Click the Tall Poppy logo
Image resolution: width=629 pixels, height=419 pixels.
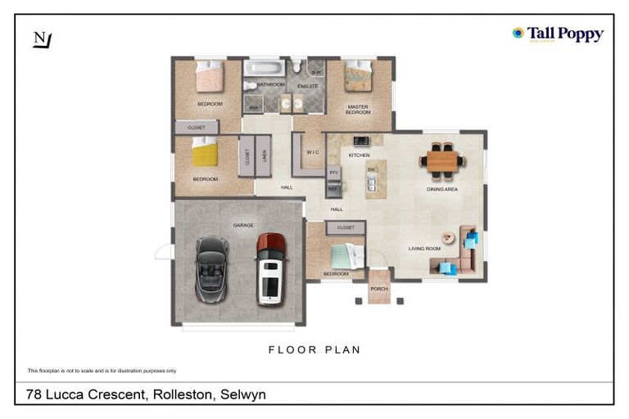[557, 34]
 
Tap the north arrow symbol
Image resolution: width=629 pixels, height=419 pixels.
[41, 40]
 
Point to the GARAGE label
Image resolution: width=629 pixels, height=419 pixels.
[243, 225]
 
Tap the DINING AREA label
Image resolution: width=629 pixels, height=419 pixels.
[442, 189]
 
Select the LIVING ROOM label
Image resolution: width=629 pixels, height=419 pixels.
[425, 248]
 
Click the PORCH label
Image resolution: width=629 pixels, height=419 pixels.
[378, 289]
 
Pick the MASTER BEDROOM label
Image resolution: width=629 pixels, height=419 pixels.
[357, 109]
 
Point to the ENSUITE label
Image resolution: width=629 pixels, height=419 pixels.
[307, 85]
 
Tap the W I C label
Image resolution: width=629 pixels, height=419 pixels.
[313, 152]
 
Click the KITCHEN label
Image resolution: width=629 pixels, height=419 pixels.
[360, 155]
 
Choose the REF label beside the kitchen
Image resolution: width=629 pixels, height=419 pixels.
[333, 189]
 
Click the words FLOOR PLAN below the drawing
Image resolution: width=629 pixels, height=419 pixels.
[314, 349]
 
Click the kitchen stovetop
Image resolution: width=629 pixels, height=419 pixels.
[361, 141]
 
